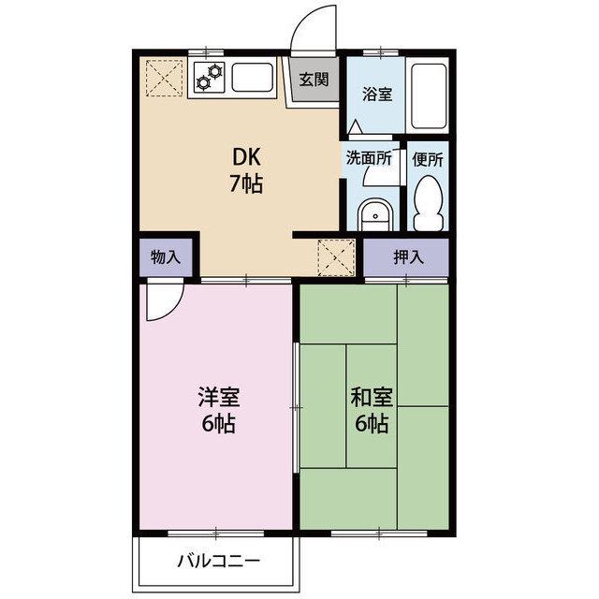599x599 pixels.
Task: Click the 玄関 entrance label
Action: (x=314, y=80)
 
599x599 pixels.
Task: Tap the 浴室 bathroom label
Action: (x=377, y=94)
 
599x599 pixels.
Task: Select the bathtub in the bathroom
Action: (x=429, y=95)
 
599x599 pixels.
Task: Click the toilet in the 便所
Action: (x=429, y=203)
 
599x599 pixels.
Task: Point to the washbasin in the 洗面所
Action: (x=375, y=214)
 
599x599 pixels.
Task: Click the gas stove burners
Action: (x=210, y=77)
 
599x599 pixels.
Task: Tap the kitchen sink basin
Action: (x=253, y=77)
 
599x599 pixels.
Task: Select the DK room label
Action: (x=246, y=157)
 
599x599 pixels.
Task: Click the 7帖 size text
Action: (x=246, y=183)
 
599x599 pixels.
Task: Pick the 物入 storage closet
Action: (x=166, y=257)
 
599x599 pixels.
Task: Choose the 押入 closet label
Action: (x=409, y=257)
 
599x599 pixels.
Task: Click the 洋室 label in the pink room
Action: (x=219, y=397)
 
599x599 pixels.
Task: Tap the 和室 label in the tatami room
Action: (x=373, y=397)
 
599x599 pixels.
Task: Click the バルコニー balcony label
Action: (x=219, y=561)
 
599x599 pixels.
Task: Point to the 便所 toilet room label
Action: (x=428, y=159)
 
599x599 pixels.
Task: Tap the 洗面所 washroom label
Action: (x=369, y=158)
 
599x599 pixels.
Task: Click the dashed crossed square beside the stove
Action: (x=165, y=78)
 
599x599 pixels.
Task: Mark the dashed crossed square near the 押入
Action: (x=336, y=257)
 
